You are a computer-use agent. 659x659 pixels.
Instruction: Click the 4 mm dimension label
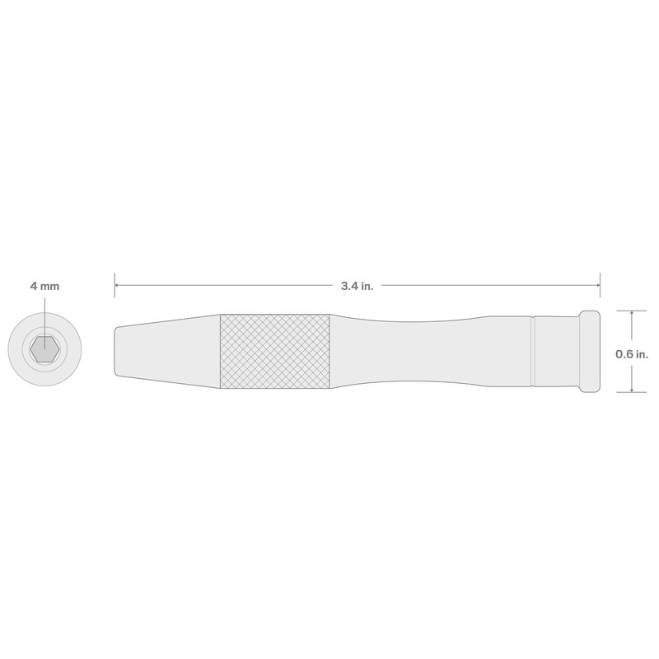click(x=44, y=286)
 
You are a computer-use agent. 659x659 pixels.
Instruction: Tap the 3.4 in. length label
click(x=357, y=286)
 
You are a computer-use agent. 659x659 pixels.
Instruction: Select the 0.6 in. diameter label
click(x=633, y=353)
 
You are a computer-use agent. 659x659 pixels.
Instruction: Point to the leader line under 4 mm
click(x=44, y=317)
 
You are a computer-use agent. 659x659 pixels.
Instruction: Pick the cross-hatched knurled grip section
click(x=274, y=352)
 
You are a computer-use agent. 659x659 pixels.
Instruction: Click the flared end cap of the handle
click(x=591, y=352)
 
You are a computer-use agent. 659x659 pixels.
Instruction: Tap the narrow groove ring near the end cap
click(x=534, y=352)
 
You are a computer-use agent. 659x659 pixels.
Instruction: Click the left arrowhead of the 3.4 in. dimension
click(x=119, y=286)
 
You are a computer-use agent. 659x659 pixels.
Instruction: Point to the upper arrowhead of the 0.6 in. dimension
click(x=631, y=315)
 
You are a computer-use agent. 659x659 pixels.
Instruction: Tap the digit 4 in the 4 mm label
click(x=34, y=286)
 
